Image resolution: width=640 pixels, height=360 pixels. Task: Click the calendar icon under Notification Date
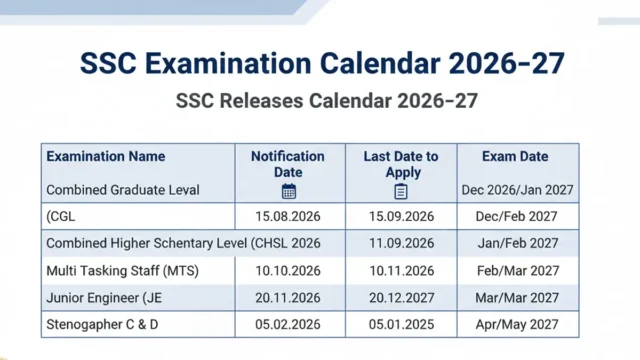289,191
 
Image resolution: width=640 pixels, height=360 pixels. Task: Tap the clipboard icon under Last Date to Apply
400,191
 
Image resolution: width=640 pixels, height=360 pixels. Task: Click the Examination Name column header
106,157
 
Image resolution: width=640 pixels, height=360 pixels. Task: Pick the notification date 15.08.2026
288,216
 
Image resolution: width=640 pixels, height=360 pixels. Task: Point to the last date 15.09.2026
401,216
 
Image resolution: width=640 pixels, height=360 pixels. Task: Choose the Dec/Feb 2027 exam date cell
518,216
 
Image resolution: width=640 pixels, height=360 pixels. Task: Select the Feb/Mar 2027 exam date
518,271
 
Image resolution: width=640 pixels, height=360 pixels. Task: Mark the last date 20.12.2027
401,298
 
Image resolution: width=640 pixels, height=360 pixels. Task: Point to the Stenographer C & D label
110,325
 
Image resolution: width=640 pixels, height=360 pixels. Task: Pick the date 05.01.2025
401,325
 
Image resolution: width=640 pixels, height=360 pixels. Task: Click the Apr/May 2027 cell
518,325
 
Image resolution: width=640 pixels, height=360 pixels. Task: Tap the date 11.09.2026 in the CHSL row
401,243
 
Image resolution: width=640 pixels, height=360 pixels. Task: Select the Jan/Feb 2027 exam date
518,243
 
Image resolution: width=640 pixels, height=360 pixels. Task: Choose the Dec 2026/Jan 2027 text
518,190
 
